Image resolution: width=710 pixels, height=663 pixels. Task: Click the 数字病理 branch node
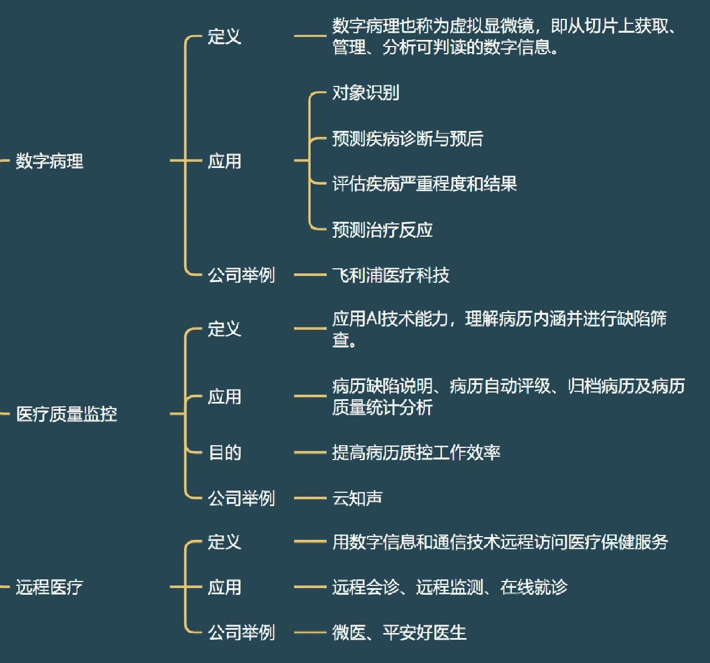click(x=49, y=161)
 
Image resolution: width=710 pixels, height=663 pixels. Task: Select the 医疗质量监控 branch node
click(x=67, y=414)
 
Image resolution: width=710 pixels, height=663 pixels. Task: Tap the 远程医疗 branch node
click(x=49, y=587)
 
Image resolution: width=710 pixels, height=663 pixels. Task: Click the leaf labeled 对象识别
click(x=366, y=93)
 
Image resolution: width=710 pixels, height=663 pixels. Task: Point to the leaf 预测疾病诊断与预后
click(x=408, y=139)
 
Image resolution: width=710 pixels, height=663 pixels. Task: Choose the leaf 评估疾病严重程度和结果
click(x=424, y=184)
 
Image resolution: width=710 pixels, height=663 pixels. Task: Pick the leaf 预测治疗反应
click(x=382, y=229)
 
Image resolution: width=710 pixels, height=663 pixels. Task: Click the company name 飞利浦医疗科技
click(x=390, y=275)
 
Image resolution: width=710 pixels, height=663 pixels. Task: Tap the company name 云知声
click(x=357, y=498)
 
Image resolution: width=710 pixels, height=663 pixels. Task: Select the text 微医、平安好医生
click(x=399, y=633)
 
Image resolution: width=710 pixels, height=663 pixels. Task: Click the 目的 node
click(x=225, y=453)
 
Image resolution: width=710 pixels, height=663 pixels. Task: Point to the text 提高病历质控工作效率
click(x=416, y=453)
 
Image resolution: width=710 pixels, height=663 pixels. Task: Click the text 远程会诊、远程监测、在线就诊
click(x=449, y=587)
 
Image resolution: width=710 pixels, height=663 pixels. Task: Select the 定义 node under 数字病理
click(x=225, y=37)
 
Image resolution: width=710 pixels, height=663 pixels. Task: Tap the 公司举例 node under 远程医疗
click(x=241, y=633)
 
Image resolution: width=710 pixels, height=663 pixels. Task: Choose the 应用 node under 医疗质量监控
click(x=225, y=397)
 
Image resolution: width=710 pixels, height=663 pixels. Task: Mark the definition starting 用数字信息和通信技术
click(x=500, y=542)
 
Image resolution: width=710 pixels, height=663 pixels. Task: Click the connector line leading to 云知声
click(x=310, y=498)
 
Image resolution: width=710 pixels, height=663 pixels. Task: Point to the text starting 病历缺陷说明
click(x=508, y=397)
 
